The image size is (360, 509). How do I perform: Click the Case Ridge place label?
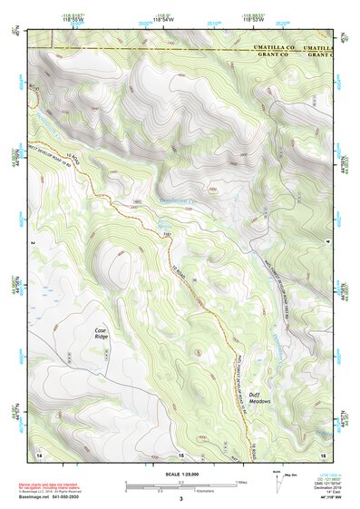click(x=101, y=333)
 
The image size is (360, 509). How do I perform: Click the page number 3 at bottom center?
click(x=180, y=499)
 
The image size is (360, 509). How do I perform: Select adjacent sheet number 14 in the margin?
click(x=39, y=453)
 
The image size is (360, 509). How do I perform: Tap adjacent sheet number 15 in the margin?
click(x=180, y=453)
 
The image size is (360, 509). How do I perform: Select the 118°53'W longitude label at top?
click(x=247, y=18)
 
